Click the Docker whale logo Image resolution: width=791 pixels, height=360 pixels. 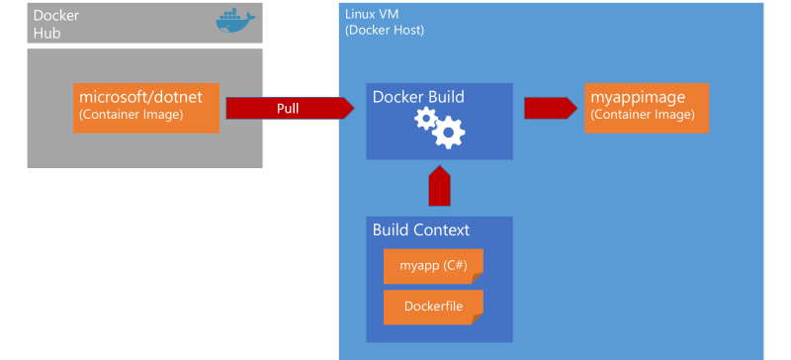(235, 22)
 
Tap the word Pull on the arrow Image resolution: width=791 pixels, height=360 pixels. (288, 108)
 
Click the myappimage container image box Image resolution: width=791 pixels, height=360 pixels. (648, 108)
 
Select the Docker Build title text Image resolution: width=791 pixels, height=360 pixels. (418, 97)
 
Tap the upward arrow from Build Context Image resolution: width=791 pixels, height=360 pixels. (440, 185)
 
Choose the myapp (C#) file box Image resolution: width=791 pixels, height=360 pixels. (433, 266)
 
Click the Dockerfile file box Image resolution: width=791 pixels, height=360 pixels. (433, 307)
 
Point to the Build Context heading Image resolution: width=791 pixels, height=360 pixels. (421, 230)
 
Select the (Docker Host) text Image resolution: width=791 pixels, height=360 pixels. (385, 30)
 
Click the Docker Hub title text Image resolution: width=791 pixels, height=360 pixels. (57, 24)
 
